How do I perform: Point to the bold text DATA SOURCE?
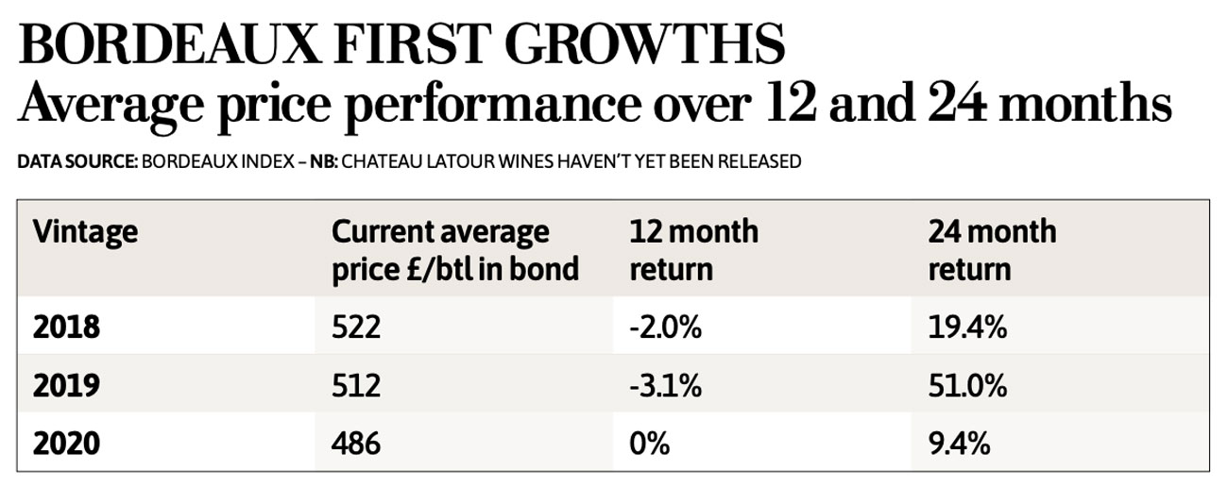pos(77,161)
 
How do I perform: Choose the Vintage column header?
pos(86,231)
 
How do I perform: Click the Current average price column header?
pos(453,250)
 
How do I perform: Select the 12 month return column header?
pos(694,250)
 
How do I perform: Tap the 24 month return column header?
pos(992,250)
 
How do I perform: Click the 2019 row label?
pos(66,386)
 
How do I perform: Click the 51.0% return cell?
pos(968,386)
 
